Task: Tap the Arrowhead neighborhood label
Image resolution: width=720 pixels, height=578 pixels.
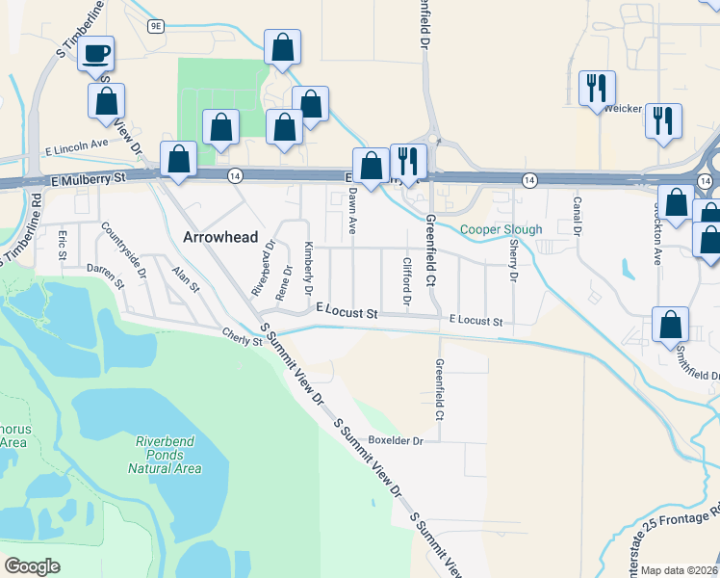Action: (x=221, y=236)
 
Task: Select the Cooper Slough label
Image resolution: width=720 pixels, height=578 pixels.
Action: (x=501, y=229)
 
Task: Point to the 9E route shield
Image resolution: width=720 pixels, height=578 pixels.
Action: (x=156, y=27)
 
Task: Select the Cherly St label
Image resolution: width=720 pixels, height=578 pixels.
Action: (x=242, y=335)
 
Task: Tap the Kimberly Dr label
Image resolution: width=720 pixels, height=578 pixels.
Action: (x=308, y=268)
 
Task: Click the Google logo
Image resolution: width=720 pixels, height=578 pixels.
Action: (x=33, y=566)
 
